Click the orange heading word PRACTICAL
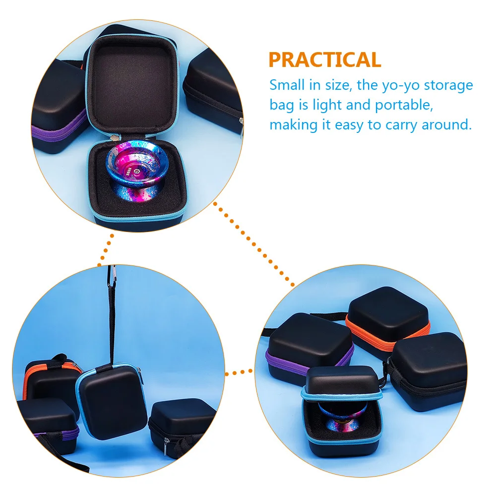(x=325, y=60)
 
